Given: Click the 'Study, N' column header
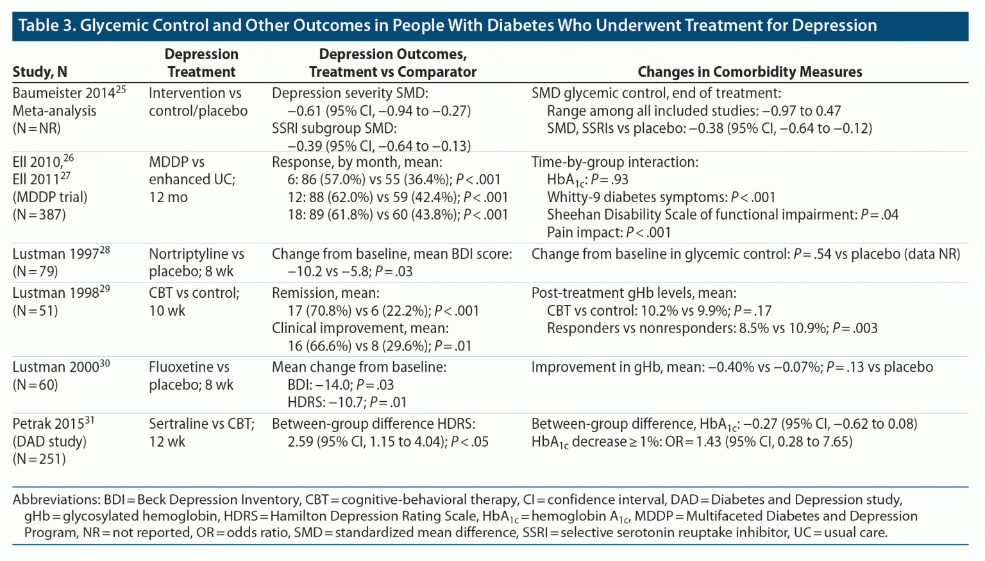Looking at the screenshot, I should (x=40, y=73).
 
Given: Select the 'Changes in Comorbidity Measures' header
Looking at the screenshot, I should (x=749, y=73).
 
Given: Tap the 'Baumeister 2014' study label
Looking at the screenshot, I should (x=64, y=94).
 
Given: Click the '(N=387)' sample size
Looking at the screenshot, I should (x=39, y=215).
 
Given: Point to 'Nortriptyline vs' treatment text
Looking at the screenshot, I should (x=196, y=255).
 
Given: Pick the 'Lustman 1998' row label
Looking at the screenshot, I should (x=56, y=293).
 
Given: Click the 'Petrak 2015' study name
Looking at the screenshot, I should (x=49, y=424).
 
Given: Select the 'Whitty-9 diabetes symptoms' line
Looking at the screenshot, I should (x=661, y=198).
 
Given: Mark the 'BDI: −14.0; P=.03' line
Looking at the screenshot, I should (x=341, y=385).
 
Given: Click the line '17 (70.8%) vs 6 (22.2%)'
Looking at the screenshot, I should (x=383, y=311).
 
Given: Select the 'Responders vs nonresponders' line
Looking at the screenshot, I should (x=712, y=329).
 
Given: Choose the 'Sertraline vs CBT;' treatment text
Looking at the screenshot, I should (x=201, y=424).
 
